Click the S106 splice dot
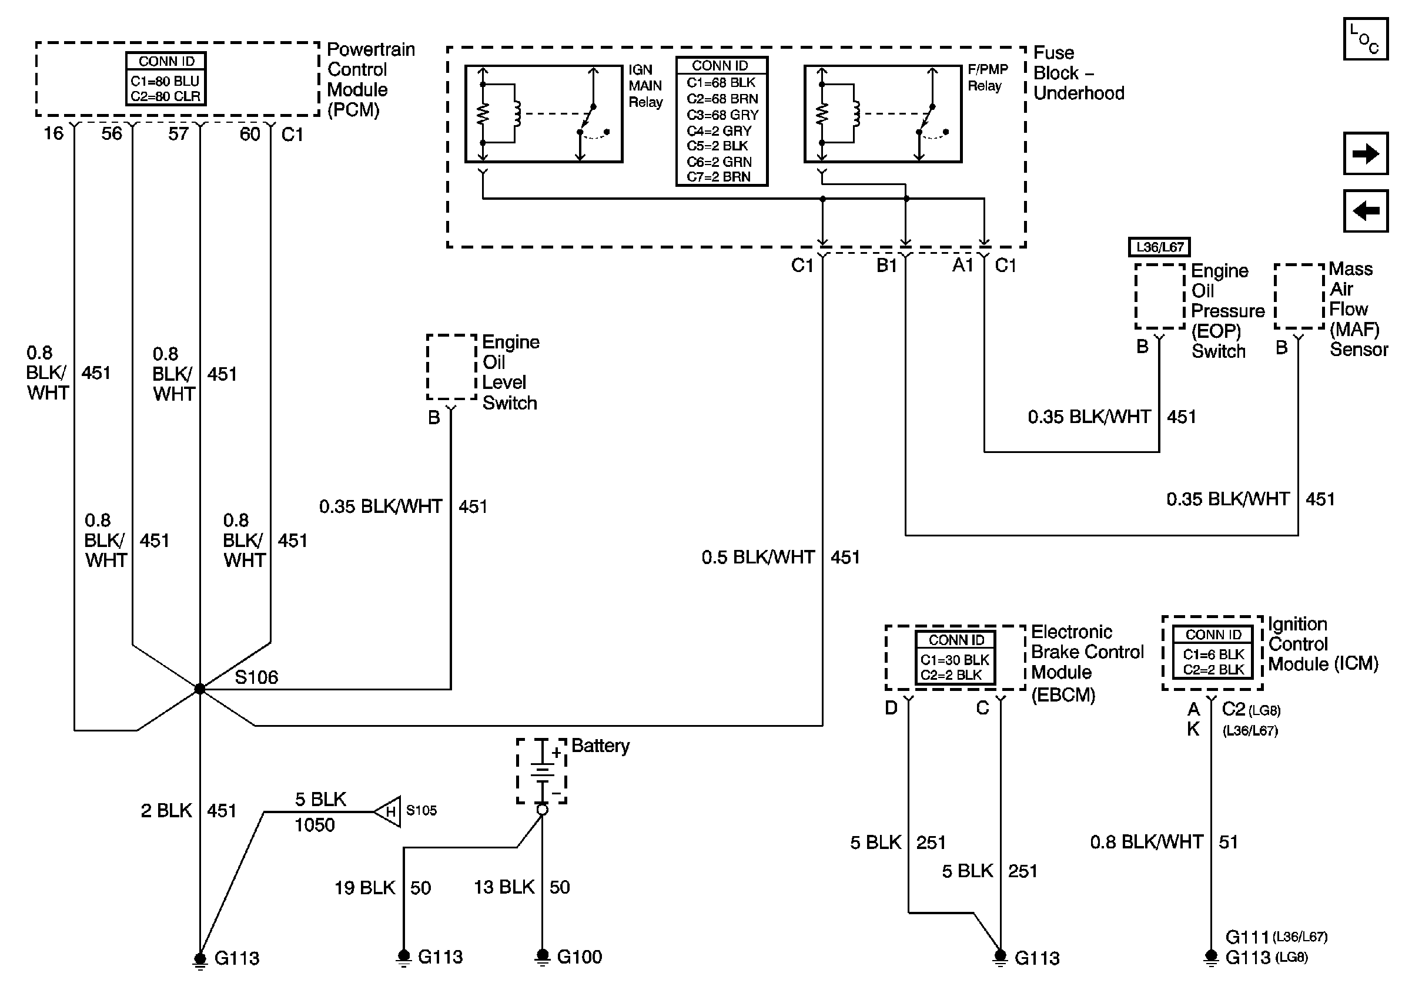(x=199, y=689)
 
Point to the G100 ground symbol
(x=542, y=957)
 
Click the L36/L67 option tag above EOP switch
(x=1159, y=247)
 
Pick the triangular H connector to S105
(x=387, y=811)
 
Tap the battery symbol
(x=541, y=771)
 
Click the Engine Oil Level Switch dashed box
(x=451, y=367)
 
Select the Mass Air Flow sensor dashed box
(x=1299, y=296)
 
